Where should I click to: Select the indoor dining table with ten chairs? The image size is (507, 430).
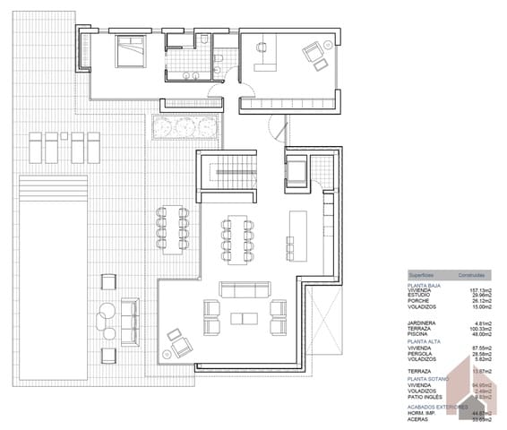tap(236, 237)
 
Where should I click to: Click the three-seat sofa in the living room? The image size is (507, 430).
tap(245, 288)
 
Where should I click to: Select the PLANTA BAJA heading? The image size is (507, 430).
tap(426, 285)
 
